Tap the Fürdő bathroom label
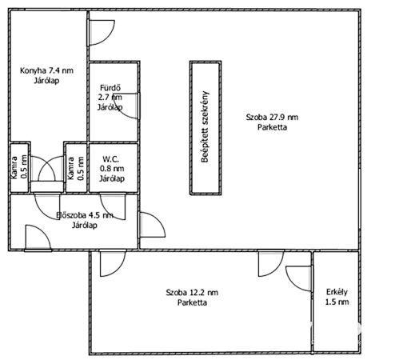110,98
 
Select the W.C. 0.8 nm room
114,168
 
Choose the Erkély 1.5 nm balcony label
337,297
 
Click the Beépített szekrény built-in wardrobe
205,128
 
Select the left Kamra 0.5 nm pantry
19,168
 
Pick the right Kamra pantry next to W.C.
76,168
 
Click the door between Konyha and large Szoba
102,33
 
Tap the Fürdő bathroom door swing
126,106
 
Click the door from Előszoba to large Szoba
152,225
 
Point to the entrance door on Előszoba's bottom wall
38,238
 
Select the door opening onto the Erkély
298,278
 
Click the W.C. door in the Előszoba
113,206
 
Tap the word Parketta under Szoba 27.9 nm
272,127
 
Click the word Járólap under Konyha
46,81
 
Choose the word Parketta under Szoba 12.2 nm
192,302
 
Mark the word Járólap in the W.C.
112,178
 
